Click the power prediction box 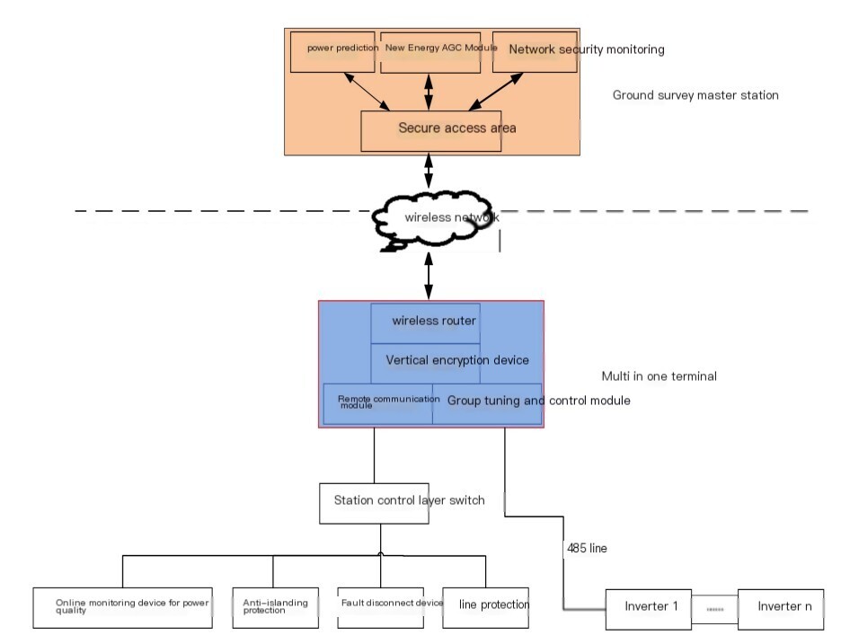[332, 52]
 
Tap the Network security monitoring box [535, 52]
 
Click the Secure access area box [431, 131]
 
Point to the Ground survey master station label [695, 95]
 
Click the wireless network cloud [432, 219]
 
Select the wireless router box [426, 323]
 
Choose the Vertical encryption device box [426, 363]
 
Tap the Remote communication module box [378, 404]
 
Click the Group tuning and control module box [487, 404]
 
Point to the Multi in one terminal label [660, 376]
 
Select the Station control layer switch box [374, 504]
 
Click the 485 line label [587, 548]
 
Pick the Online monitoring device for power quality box [122, 608]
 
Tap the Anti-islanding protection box [275, 608]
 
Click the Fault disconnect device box [381, 608]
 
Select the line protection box [486, 608]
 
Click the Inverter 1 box [649, 609]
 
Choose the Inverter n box [781, 609]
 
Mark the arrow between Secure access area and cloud [429, 171]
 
